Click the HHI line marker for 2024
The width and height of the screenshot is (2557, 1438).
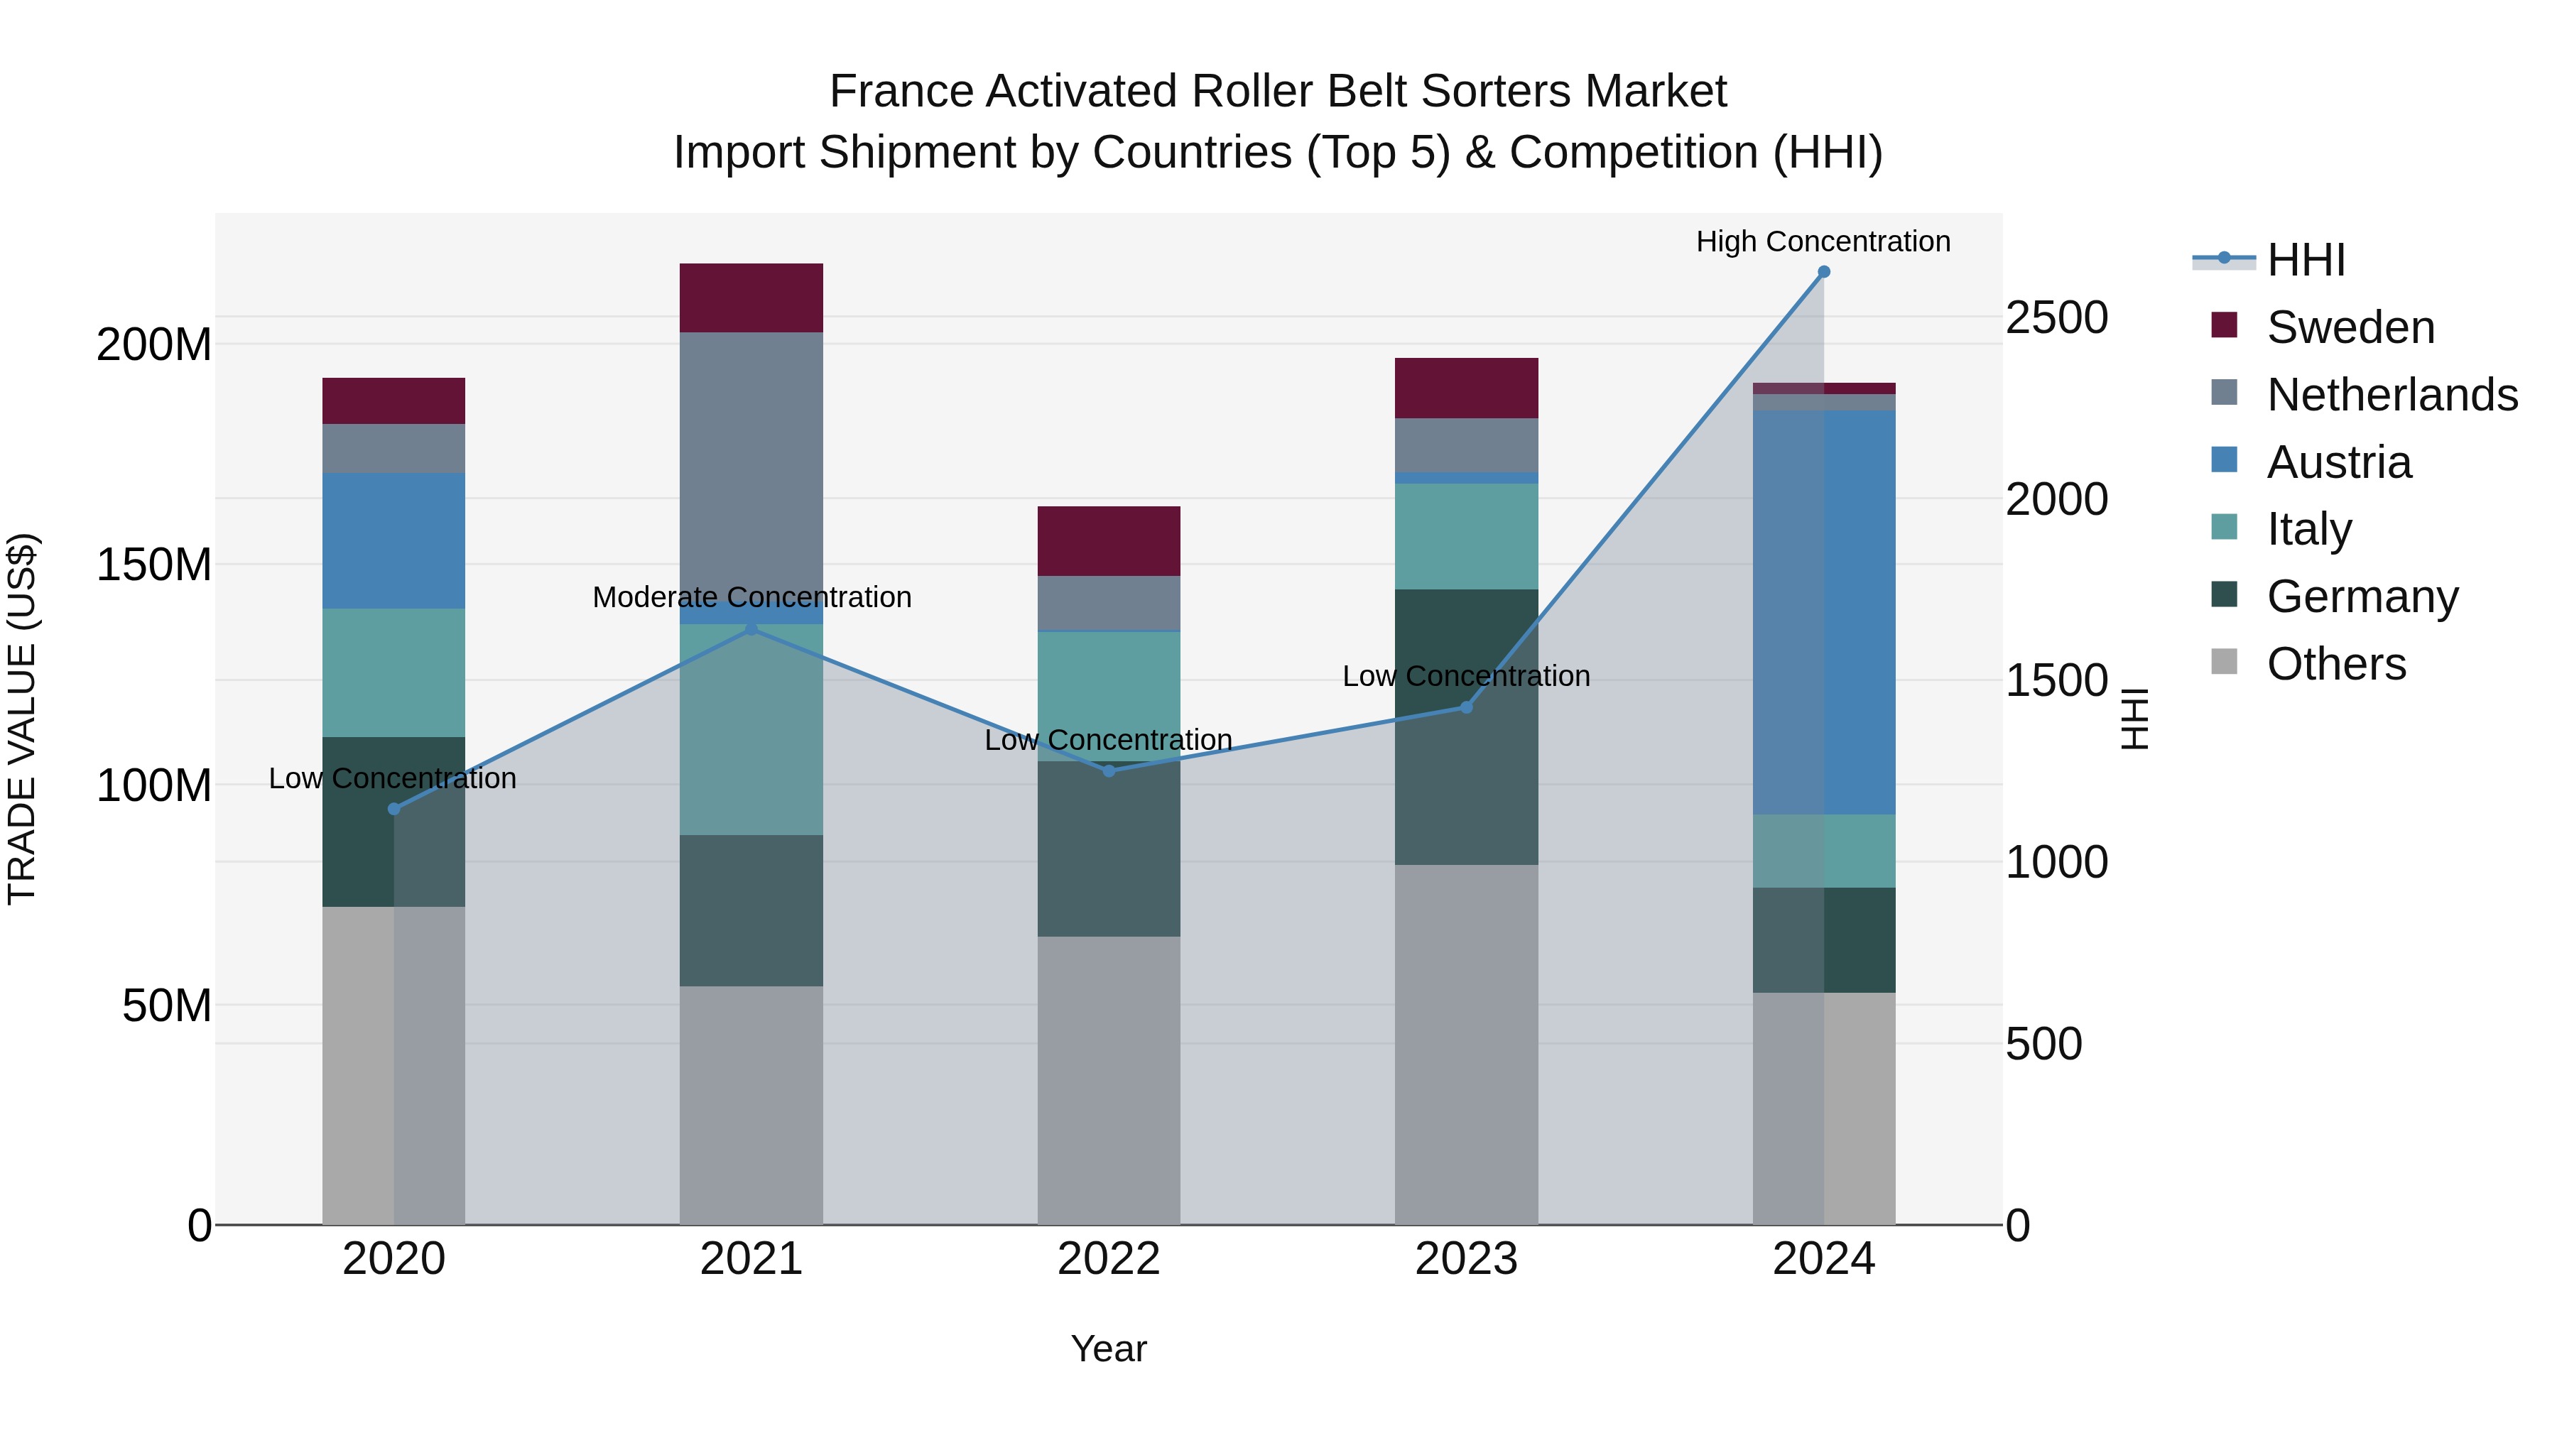tap(1823, 272)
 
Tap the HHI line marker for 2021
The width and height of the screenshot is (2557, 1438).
tap(751, 628)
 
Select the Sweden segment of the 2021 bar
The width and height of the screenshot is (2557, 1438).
tap(751, 298)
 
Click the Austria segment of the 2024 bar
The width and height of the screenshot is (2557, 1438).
tap(1823, 611)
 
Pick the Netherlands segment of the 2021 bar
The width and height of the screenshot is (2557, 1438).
tap(751, 467)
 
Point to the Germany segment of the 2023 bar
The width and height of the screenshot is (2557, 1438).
tap(1466, 726)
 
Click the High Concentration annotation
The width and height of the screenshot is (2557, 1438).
tap(1823, 241)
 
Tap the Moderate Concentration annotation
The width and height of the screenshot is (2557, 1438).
tap(751, 597)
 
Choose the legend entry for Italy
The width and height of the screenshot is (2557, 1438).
tap(2309, 529)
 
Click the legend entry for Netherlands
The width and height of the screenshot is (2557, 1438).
tap(2392, 395)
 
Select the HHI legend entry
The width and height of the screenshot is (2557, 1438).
tap(2305, 260)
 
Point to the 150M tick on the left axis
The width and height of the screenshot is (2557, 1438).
tap(154, 565)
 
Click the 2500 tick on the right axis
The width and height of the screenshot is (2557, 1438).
tap(2056, 317)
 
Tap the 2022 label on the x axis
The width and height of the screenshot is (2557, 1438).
tap(1109, 1259)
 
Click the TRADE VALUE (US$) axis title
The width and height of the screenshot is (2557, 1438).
tap(22, 719)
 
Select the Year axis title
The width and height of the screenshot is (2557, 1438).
tap(1109, 1349)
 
